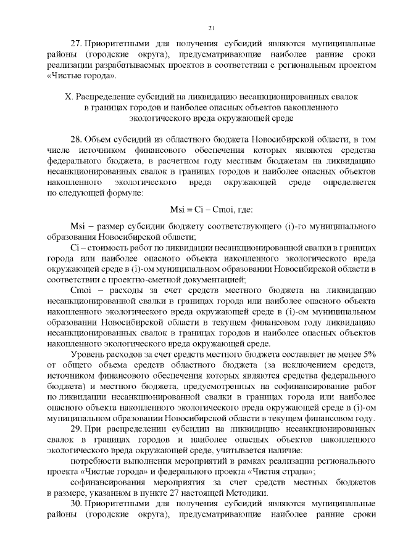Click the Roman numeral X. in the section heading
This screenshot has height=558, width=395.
point(69,97)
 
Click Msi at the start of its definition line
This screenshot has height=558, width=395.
point(80,226)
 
